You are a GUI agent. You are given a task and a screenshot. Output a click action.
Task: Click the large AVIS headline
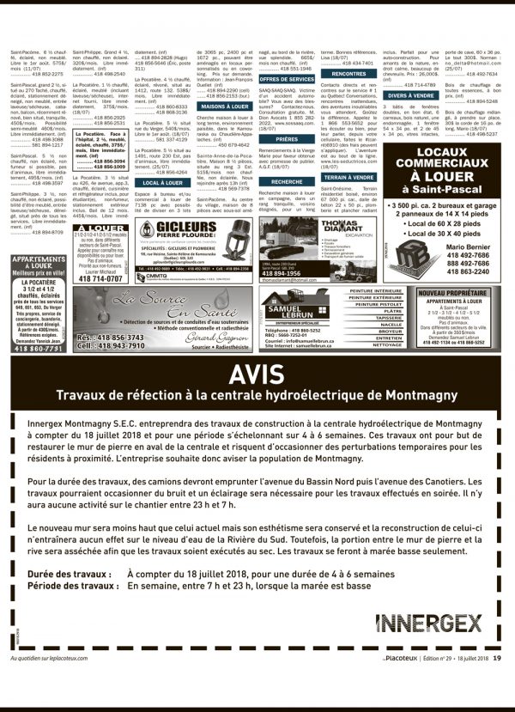tap(257, 373)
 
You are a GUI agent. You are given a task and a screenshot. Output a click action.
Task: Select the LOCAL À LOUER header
tap(162, 182)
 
